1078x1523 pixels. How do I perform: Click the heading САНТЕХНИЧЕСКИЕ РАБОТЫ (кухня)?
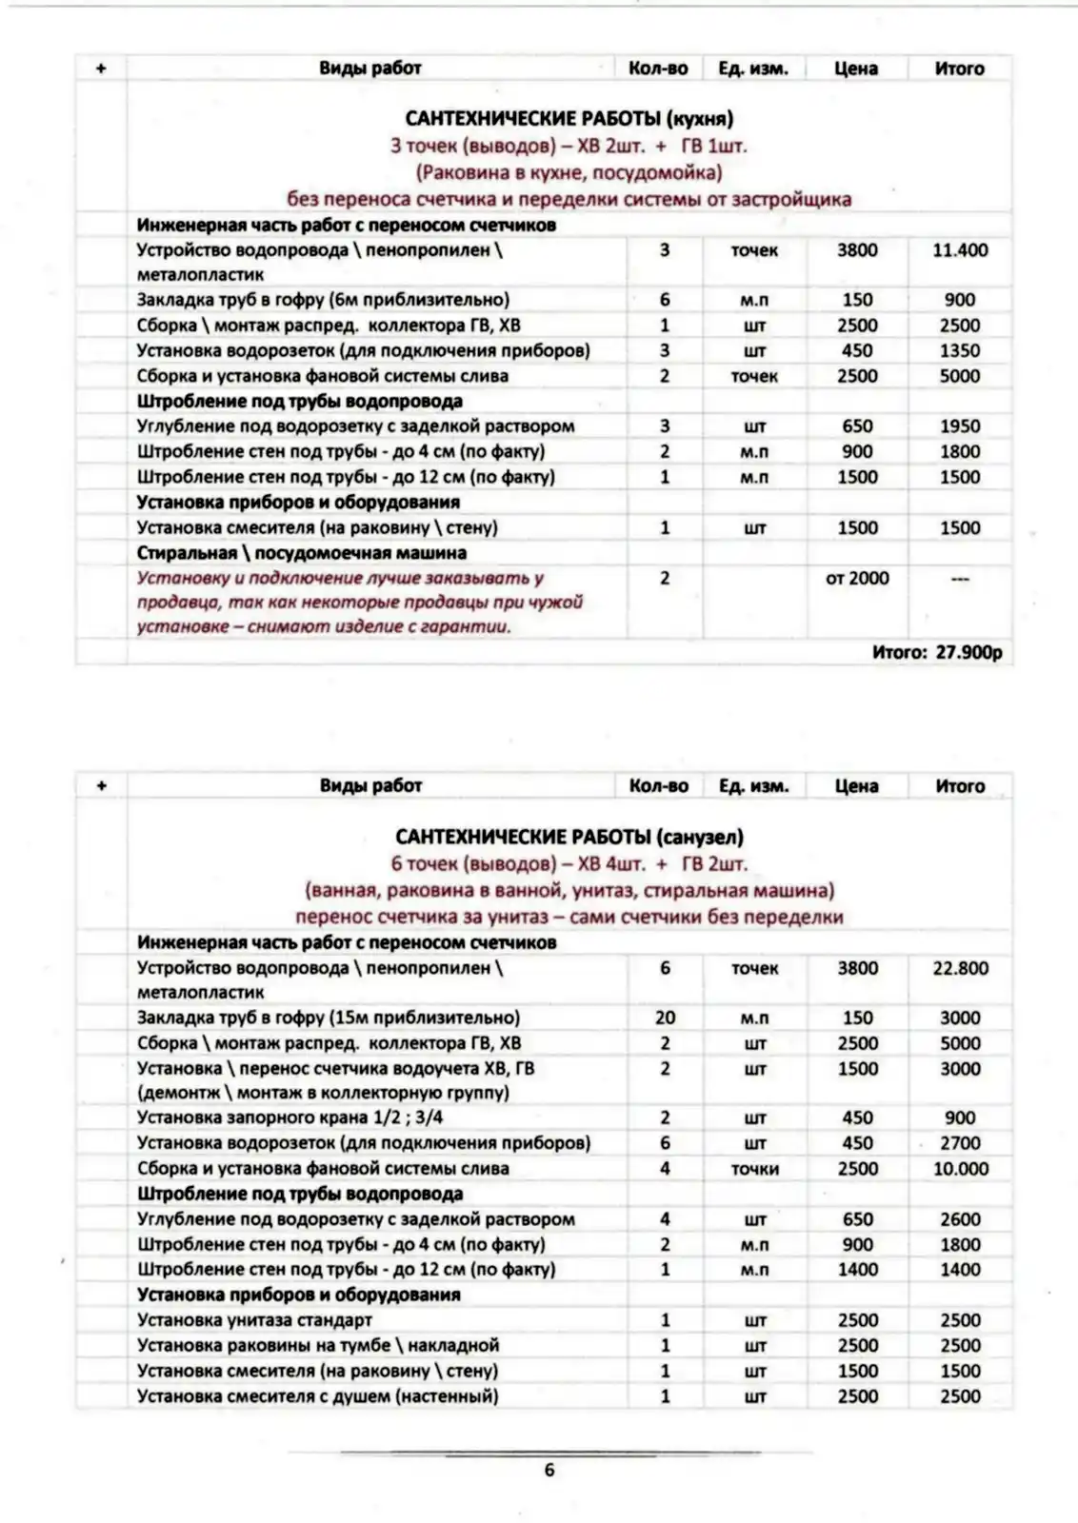pyautogui.click(x=569, y=119)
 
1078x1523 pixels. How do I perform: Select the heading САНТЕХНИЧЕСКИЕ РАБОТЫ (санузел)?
pyautogui.click(x=569, y=837)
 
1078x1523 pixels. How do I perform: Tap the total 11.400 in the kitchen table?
pyautogui.click(x=959, y=250)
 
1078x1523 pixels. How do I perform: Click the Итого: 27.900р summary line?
pyautogui.click(x=936, y=653)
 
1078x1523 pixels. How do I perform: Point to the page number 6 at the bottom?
pyautogui.click(x=549, y=1470)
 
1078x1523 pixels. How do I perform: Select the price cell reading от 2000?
pyautogui.click(x=856, y=578)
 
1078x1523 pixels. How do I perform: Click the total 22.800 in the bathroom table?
pyautogui.click(x=959, y=968)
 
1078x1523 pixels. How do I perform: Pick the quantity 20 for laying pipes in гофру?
pyautogui.click(x=665, y=1018)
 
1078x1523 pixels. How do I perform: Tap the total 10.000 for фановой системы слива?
pyautogui.click(x=959, y=1168)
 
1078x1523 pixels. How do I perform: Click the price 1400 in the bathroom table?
pyautogui.click(x=857, y=1269)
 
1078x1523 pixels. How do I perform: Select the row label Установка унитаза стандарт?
pyautogui.click(x=254, y=1320)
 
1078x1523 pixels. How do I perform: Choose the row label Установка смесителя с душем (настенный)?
pyautogui.click(x=317, y=1396)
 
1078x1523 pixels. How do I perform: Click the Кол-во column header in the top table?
pyautogui.click(x=658, y=69)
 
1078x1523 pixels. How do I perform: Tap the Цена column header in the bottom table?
pyautogui.click(x=855, y=786)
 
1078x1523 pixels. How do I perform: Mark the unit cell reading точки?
pyautogui.click(x=754, y=1169)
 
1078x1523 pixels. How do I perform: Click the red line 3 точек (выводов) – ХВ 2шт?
pyautogui.click(x=569, y=147)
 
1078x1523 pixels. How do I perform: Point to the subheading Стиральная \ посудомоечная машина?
pyautogui.click(x=301, y=553)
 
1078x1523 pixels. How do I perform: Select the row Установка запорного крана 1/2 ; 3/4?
pyautogui.click(x=289, y=1118)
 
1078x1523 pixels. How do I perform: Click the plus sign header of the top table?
pyautogui.click(x=101, y=69)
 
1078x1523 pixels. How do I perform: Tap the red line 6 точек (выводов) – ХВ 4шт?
pyautogui.click(x=569, y=864)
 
